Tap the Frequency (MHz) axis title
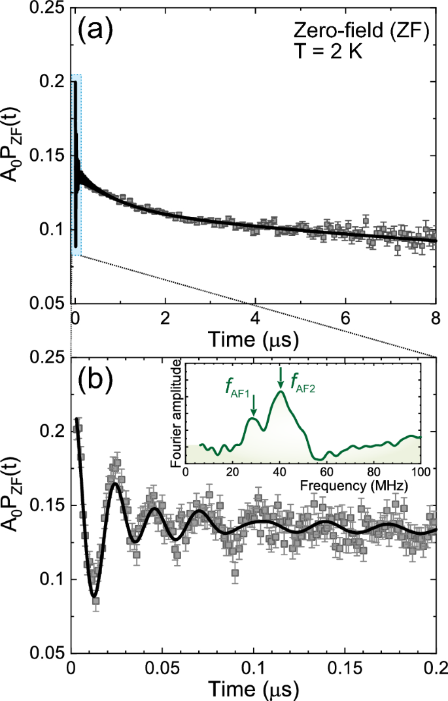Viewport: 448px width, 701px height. click(303, 487)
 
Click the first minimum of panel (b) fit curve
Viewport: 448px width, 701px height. click(94, 596)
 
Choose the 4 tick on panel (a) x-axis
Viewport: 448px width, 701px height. click(255, 320)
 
